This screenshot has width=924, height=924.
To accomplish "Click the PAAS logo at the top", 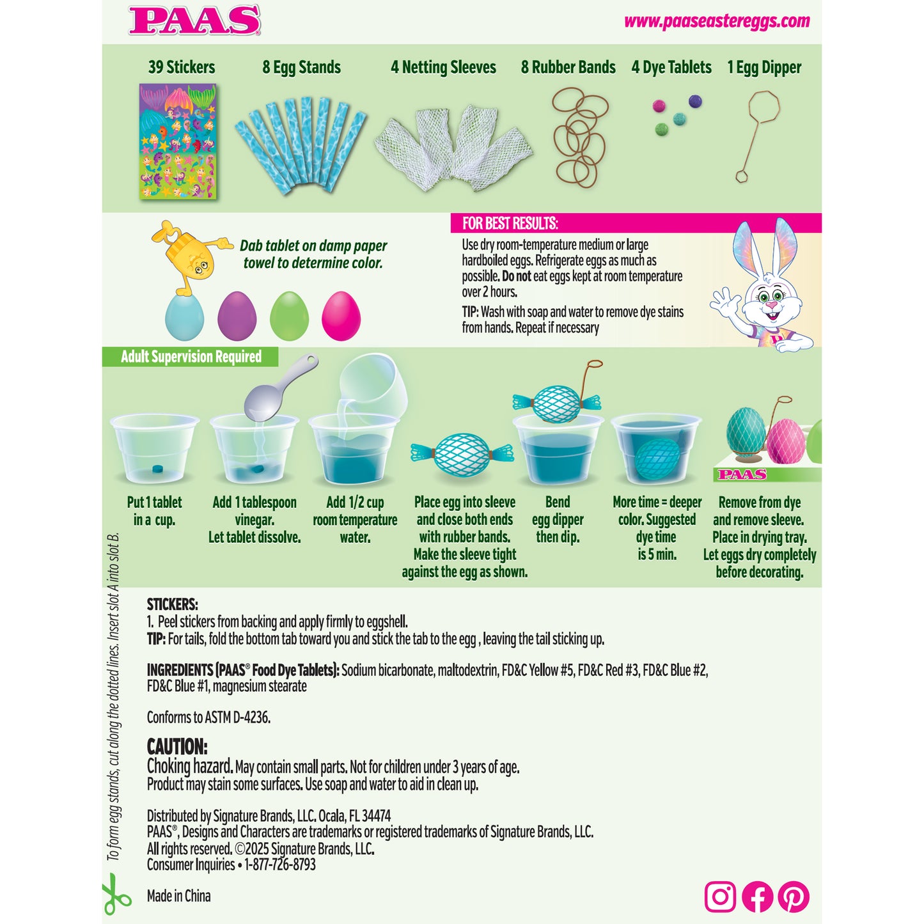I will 194,20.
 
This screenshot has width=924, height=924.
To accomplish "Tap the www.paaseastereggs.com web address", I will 717,21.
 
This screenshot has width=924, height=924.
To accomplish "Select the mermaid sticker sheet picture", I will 178,141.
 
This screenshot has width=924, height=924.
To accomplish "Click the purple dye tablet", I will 695,101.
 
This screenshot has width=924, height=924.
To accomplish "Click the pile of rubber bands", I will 579,137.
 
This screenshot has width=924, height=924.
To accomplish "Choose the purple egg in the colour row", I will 237,316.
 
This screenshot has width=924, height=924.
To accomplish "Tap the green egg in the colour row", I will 289,316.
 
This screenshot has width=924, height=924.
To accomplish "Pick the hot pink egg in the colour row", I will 341,316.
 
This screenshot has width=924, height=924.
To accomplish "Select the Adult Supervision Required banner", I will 191,357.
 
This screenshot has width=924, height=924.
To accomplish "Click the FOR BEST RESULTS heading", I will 510,223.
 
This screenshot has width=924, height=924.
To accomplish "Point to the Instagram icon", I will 720,897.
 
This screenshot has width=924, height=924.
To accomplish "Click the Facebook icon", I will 757,897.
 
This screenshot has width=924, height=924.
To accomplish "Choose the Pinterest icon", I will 794,897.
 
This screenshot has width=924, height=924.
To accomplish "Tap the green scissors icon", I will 116,897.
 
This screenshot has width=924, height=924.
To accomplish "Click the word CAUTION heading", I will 177,746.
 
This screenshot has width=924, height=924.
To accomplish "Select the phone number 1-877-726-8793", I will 280,865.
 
